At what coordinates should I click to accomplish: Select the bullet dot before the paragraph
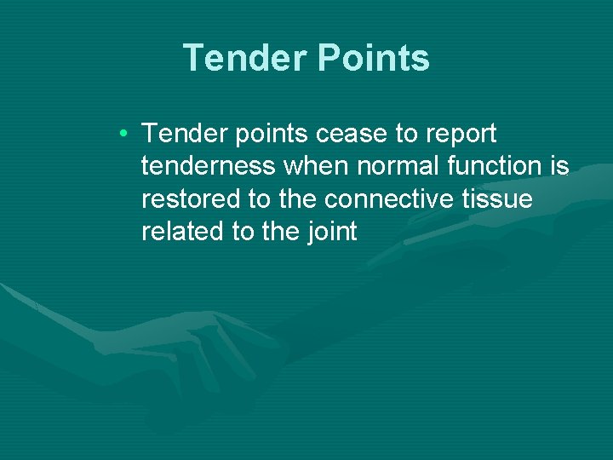124,134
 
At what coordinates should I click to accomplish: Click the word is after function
559,166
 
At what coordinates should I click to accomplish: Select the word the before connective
298,198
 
